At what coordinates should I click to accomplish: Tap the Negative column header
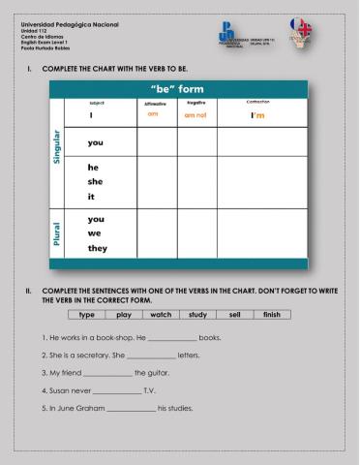(x=196, y=102)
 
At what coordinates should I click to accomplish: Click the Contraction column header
(x=257, y=102)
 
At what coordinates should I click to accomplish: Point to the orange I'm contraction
(x=257, y=115)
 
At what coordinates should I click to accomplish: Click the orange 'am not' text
(x=196, y=115)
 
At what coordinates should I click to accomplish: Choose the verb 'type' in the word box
(x=86, y=315)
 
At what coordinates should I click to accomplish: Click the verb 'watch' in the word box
(x=162, y=315)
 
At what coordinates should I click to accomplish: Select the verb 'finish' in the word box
(x=272, y=315)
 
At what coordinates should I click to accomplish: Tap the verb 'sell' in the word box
(x=235, y=315)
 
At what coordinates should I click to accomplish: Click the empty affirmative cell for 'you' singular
(x=155, y=142)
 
